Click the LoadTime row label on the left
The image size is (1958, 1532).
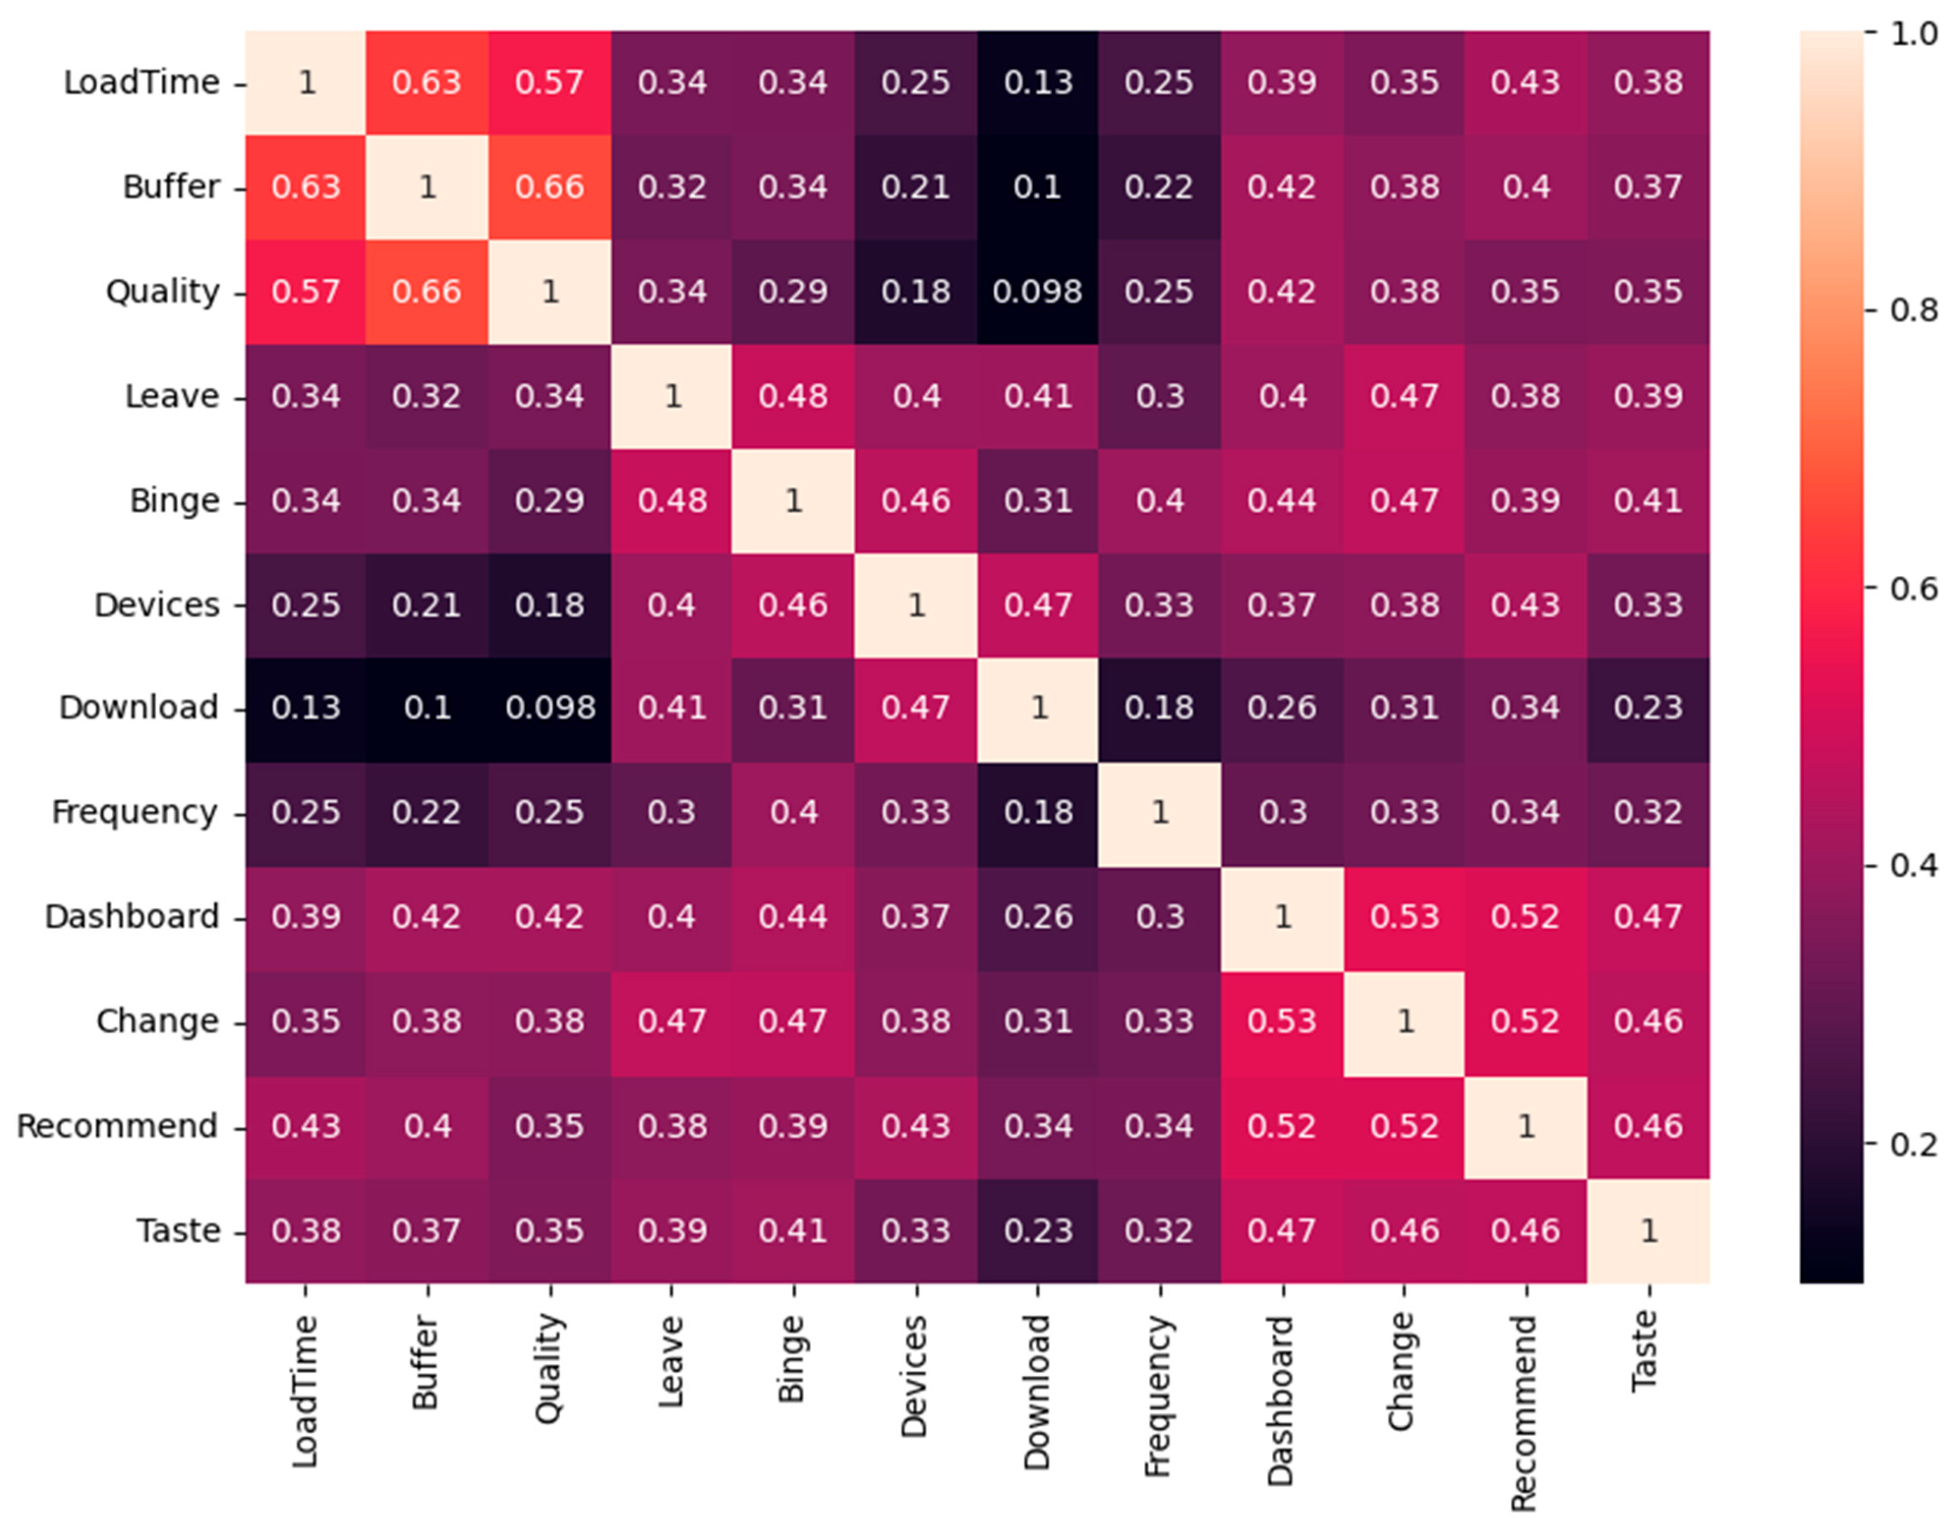point(141,83)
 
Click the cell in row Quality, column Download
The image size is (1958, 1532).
point(1037,292)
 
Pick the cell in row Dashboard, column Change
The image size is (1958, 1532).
point(1404,916)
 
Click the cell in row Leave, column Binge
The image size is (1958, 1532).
point(793,396)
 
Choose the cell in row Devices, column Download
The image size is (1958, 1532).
point(1037,605)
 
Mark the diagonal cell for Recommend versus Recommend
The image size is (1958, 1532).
point(1526,1126)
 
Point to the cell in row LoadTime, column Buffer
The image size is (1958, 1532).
point(427,83)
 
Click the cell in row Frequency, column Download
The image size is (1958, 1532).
point(1037,812)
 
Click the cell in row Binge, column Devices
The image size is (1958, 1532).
point(915,501)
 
